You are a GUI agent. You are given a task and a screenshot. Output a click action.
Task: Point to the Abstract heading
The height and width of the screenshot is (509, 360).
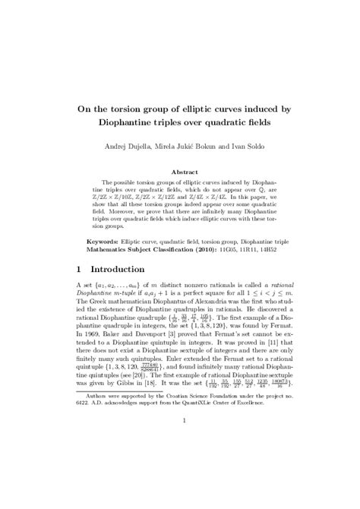coord(185,173)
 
